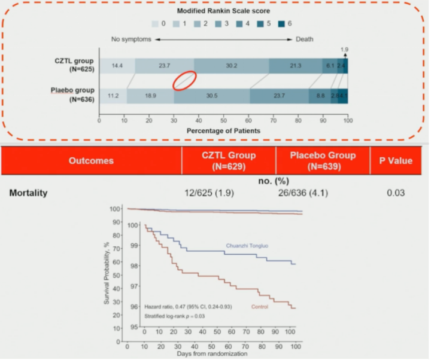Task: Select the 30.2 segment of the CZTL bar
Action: (231, 65)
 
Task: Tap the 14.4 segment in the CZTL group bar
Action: (117, 65)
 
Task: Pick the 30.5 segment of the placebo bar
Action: (212, 95)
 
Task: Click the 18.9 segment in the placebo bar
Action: (150, 95)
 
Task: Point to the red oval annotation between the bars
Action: (184, 81)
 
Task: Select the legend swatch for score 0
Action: (156, 24)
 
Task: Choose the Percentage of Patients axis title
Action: (223, 129)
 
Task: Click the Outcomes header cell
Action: (91, 160)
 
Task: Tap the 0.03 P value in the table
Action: (395, 193)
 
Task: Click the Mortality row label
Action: (29, 193)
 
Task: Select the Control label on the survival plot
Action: (259, 307)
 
